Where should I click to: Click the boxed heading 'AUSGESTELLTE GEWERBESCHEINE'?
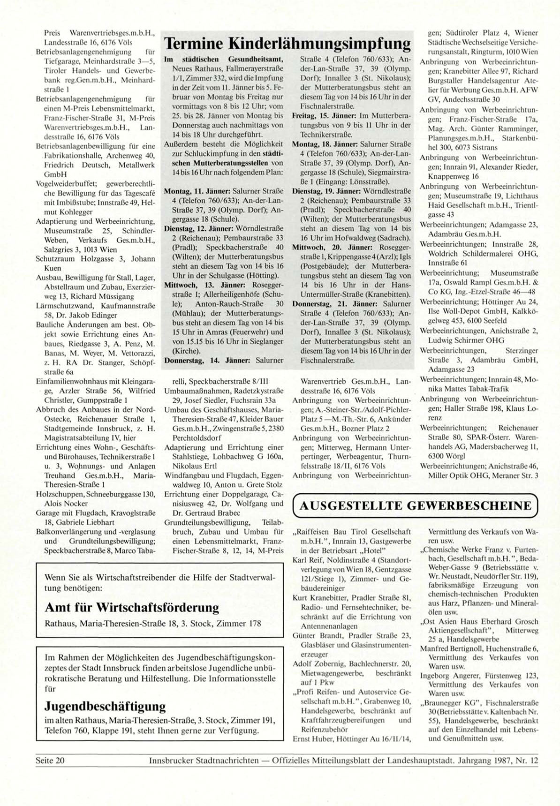pyautogui.click(x=416, y=505)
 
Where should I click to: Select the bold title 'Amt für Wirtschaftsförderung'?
pyautogui.click(x=132, y=608)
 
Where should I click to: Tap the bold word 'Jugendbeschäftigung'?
pyautogui.click(x=105, y=706)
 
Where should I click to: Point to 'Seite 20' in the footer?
pyautogui.click(x=50, y=761)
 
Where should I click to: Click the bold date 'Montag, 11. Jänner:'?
pyautogui.click(x=197, y=191)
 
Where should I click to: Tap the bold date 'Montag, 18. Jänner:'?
pyautogui.click(x=325, y=143)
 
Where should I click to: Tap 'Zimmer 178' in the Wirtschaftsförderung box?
pyautogui.click(x=241, y=624)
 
